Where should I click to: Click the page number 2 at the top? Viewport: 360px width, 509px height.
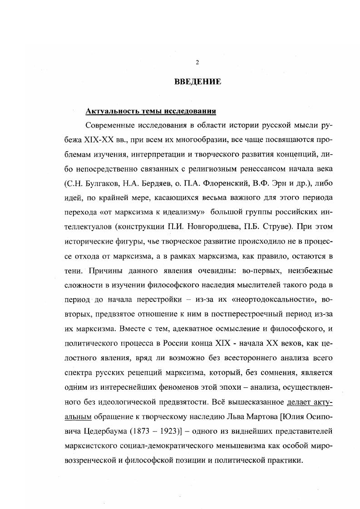coord(197,62)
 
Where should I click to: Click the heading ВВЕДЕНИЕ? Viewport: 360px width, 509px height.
coord(197,82)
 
